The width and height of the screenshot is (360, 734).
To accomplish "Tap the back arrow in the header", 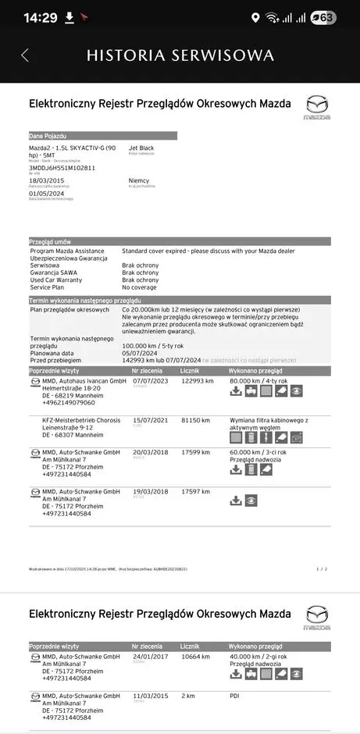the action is (25, 55).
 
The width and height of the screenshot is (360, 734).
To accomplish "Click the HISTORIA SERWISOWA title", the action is (180, 55).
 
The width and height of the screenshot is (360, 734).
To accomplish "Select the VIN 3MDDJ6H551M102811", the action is (62, 167).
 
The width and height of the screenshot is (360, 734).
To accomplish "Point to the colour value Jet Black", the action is (141, 147).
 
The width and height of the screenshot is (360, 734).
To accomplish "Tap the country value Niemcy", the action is (139, 180).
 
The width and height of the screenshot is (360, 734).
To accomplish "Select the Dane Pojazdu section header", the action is (48, 135).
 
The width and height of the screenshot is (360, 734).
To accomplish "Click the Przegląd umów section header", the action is (51, 242).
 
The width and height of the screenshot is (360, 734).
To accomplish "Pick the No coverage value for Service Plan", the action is (140, 287).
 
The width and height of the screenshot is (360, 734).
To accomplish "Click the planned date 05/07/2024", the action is (141, 353).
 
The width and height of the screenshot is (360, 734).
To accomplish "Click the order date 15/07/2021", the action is (151, 419).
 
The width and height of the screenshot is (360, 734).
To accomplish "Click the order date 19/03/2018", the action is (151, 492).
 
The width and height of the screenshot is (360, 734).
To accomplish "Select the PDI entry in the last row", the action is (234, 697).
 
